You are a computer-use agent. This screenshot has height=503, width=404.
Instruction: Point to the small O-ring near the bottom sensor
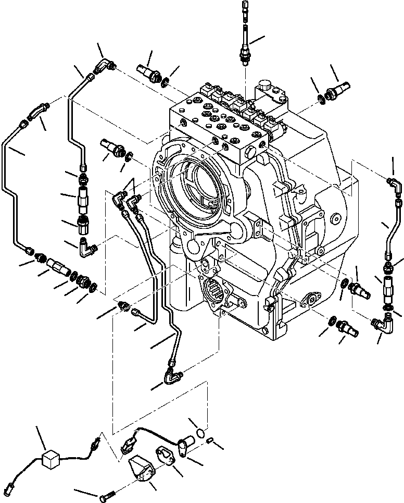coord(200,432)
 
